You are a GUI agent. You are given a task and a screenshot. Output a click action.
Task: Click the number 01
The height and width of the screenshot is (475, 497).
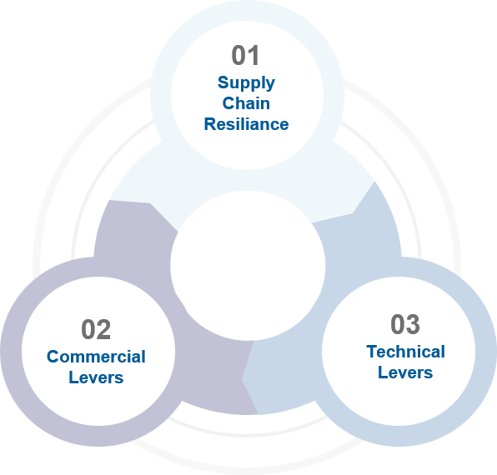(x=246, y=55)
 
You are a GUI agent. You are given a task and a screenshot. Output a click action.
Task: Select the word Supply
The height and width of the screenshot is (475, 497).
(x=246, y=83)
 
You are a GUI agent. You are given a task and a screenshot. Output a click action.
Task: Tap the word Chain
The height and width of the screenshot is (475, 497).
(x=246, y=103)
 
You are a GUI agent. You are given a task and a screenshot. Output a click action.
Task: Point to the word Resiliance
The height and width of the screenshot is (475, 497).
(x=246, y=124)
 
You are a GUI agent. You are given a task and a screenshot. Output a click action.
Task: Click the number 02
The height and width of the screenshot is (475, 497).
(x=96, y=330)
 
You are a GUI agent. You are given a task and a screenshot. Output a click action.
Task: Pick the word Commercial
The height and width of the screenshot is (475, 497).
(x=96, y=357)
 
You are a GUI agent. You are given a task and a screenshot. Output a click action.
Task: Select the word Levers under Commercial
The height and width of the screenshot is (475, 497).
(x=96, y=377)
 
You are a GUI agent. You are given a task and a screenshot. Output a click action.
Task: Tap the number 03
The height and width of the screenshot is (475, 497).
(x=405, y=324)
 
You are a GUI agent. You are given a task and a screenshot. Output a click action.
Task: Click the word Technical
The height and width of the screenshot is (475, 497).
(x=406, y=352)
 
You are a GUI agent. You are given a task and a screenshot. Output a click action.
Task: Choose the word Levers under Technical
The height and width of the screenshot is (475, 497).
(x=405, y=372)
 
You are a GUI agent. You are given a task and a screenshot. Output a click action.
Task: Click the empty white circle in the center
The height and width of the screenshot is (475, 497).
(x=248, y=266)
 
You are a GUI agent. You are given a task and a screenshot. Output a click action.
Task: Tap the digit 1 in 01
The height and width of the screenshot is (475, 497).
(x=254, y=55)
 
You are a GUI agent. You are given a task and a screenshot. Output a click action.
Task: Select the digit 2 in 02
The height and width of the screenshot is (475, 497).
(x=104, y=330)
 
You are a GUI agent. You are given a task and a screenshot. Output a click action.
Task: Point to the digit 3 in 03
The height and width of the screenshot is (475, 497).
(x=413, y=324)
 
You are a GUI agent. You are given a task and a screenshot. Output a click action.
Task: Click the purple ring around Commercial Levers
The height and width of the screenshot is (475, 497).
(x=11, y=352)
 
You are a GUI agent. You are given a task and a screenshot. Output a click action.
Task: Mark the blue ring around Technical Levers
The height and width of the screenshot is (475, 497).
(x=486, y=352)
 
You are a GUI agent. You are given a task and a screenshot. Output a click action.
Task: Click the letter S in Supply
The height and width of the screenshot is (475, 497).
(x=223, y=82)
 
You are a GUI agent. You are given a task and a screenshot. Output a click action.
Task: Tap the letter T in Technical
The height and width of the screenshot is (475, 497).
(x=373, y=352)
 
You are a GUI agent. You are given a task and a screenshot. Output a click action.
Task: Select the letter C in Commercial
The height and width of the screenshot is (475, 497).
(x=53, y=357)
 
